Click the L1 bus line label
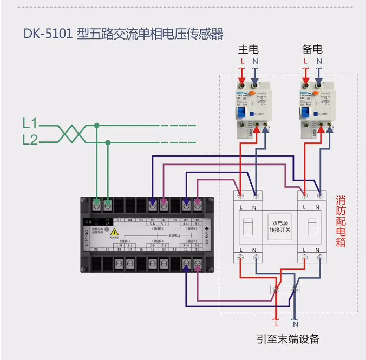coord(30,123)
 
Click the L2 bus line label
coord(30,140)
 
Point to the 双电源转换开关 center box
coord(280,226)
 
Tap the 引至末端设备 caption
coord(288,339)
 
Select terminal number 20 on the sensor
coord(96,249)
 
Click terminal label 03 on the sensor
coord(119,220)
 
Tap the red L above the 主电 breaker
coord(242,61)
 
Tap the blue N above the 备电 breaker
coord(319,61)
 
